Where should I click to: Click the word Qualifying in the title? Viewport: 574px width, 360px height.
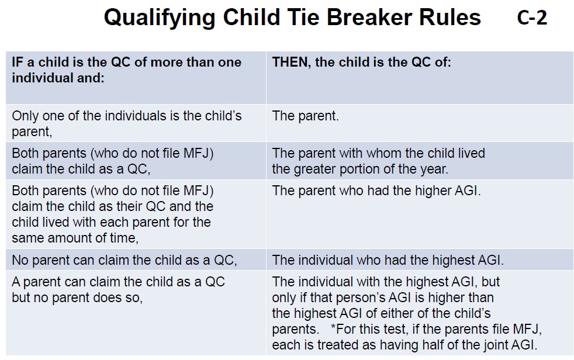click(160, 18)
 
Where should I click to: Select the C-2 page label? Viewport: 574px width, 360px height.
click(532, 18)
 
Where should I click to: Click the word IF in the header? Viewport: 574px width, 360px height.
click(18, 62)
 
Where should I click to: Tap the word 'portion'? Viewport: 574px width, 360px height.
click(362, 169)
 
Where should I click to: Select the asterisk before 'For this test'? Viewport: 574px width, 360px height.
click(333, 326)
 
